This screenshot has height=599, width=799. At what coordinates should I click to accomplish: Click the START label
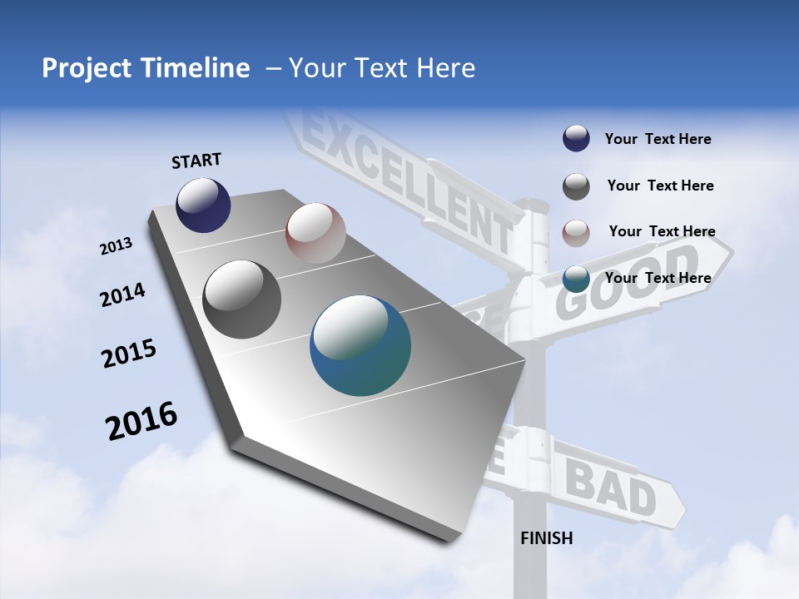(x=196, y=161)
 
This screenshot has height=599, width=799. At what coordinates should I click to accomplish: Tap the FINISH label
(x=547, y=538)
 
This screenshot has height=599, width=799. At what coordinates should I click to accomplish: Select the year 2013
(x=117, y=246)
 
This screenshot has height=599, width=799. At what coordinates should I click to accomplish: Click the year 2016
(x=141, y=421)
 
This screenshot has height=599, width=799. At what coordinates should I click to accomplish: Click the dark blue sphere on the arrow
(x=203, y=205)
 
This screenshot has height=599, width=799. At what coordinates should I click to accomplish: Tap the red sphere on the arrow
(x=315, y=233)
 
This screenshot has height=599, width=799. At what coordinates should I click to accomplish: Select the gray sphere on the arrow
(x=242, y=299)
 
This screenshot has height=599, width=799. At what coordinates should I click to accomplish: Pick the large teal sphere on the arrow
(x=360, y=345)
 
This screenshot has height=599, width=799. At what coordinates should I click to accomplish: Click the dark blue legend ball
(x=576, y=139)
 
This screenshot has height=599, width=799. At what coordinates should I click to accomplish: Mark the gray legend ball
(x=576, y=186)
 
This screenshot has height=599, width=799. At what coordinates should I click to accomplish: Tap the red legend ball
(x=576, y=233)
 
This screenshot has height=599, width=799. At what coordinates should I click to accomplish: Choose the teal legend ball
(x=576, y=279)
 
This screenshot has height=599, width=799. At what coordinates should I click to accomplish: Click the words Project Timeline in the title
(x=146, y=68)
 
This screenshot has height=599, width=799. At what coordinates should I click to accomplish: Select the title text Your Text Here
(x=382, y=68)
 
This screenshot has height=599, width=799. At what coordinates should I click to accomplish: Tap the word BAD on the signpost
(x=611, y=488)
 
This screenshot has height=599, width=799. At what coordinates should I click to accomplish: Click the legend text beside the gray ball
(x=660, y=186)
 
